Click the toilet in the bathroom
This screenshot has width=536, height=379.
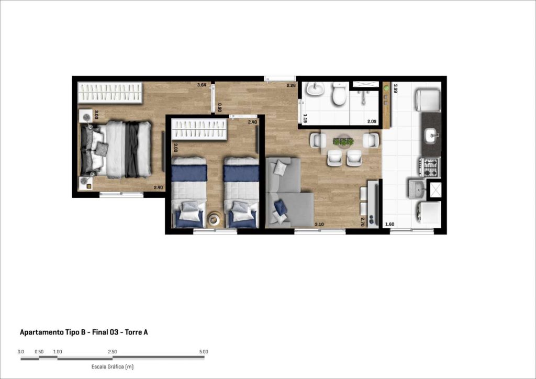click(x=339, y=94)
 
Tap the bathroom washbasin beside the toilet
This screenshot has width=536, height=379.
click(x=315, y=89)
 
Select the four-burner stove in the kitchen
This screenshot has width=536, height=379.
click(x=431, y=167)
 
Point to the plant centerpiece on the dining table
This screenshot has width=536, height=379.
click(x=343, y=141)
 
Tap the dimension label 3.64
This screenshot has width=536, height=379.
click(x=202, y=85)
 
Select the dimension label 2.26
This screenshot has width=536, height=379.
click(x=291, y=85)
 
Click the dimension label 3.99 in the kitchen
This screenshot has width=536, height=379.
click(x=396, y=88)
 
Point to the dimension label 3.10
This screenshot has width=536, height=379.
click(x=319, y=224)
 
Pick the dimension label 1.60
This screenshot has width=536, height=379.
click(x=389, y=224)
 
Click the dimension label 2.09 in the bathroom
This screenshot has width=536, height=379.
click(x=372, y=121)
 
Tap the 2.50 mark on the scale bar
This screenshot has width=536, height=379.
click(x=112, y=352)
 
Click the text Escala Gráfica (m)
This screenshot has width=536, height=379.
click(x=113, y=366)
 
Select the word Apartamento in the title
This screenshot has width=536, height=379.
click(x=41, y=332)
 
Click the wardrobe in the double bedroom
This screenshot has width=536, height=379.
click(x=110, y=93)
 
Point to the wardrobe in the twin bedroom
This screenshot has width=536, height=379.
click(x=199, y=129)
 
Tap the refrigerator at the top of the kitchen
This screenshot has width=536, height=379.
click(x=428, y=100)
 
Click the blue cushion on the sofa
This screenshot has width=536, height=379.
click(x=281, y=207)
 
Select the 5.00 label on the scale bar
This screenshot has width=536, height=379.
click(x=203, y=352)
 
